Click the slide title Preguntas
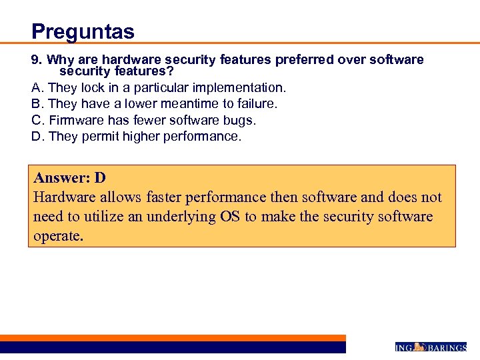(x=83, y=31)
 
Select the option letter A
(x=36, y=87)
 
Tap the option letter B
(x=36, y=103)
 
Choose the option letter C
(x=36, y=120)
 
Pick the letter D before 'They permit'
(x=36, y=136)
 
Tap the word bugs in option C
(x=239, y=120)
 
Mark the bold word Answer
(x=62, y=178)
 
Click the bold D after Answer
(x=100, y=178)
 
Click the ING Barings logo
(x=431, y=347)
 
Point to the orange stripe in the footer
(x=173, y=338)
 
